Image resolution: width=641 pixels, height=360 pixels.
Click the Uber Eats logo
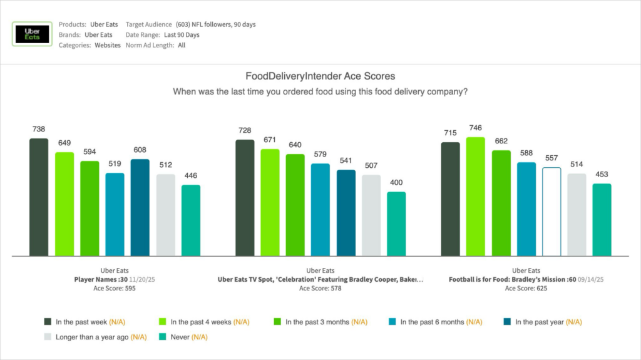tap(32, 34)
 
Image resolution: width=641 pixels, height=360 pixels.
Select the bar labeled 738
tap(39, 197)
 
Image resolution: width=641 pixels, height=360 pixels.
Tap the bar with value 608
tap(140, 207)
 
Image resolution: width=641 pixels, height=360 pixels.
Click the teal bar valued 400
tap(396, 224)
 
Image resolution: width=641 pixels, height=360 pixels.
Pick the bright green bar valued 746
tap(476, 197)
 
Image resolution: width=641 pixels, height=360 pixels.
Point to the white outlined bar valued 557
tap(551, 212)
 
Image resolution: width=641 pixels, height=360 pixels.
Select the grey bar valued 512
tap(166, 215)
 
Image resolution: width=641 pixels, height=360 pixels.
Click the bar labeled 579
tap(320, 210)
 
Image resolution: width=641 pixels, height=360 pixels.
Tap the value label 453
tap(602, 174)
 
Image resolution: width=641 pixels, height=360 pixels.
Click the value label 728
tap(245, 130)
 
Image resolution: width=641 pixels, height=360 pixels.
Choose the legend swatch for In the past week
tap(48, 322)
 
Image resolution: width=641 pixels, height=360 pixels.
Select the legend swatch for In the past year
tap(507, 322)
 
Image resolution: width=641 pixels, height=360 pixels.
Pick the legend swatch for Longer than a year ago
tap(48, 337)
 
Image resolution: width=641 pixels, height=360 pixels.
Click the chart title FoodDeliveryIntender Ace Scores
tap(320, 76)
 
